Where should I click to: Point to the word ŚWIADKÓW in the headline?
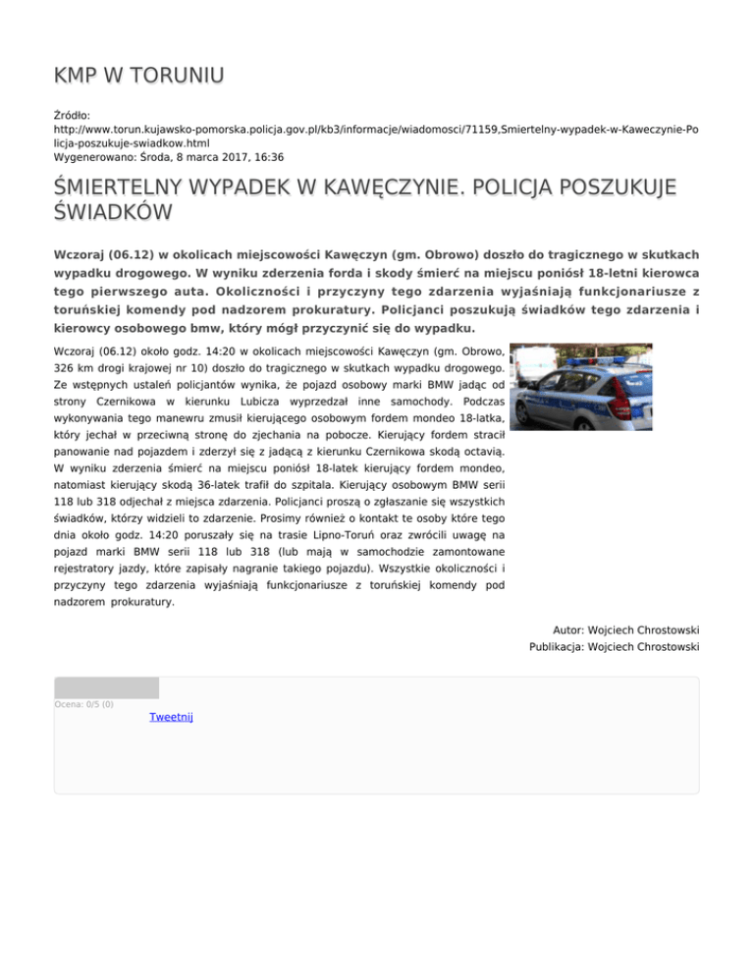click(114, 212)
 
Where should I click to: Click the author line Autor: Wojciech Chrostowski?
click(626, 629)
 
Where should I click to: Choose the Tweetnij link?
click(171, 717)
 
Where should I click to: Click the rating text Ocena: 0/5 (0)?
click(84, 704)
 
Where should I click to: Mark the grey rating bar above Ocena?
click(106, 687)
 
